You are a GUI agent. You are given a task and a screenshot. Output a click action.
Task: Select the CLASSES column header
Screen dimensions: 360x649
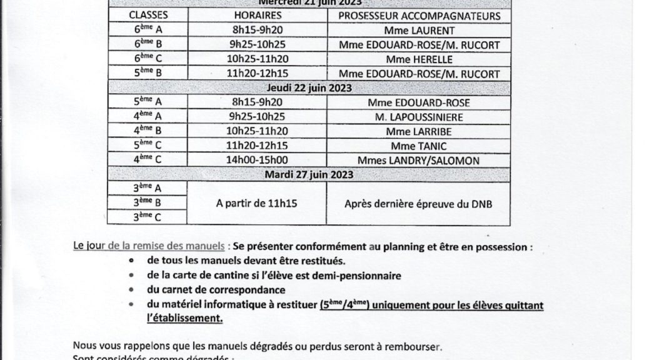tap(147, 16)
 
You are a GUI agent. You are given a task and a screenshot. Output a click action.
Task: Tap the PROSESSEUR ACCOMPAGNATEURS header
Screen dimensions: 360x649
tap(420, 16)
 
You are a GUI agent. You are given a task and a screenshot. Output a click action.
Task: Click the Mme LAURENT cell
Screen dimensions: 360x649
tap(420, 31)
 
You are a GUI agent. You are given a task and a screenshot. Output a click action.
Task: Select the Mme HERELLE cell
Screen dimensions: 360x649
tap(420, 59)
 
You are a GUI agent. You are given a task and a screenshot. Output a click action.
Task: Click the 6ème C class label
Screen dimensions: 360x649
tap(147, 59)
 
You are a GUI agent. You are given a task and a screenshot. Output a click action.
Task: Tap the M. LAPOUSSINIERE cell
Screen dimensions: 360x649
tap(420, 117)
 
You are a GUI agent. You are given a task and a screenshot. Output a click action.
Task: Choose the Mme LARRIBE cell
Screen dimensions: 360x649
tap(420, 131)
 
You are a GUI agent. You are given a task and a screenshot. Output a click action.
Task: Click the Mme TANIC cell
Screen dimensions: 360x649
tap(420, 146)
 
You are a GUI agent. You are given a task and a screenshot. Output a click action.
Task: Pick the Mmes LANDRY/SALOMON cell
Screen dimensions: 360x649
tap(420, 161)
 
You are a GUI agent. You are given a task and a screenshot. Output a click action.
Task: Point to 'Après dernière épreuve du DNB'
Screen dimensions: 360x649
tap(420, 202)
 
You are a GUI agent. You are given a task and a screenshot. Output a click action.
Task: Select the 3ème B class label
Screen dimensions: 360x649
tap(147, 202)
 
